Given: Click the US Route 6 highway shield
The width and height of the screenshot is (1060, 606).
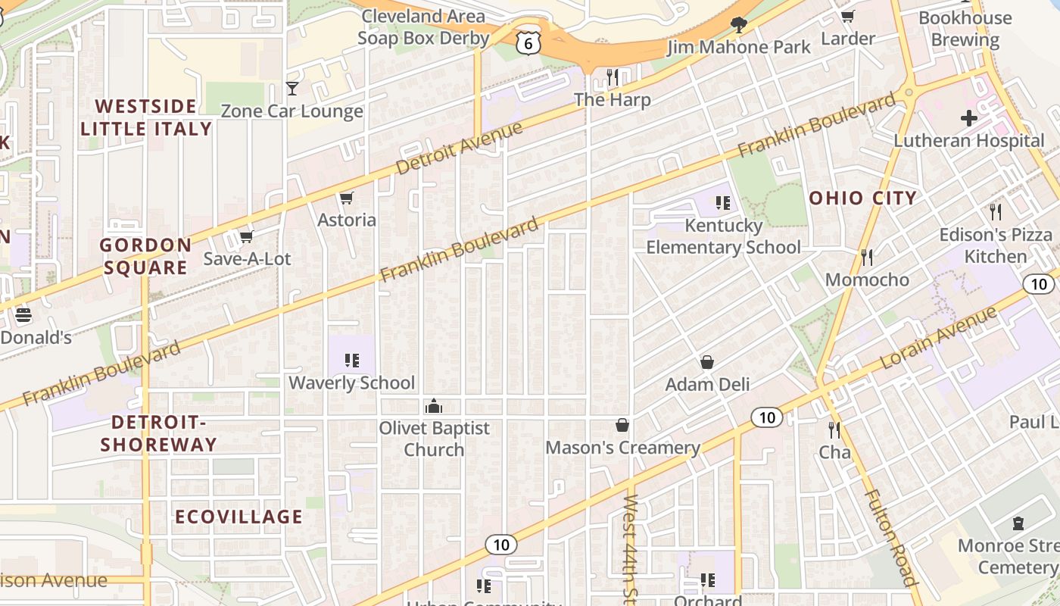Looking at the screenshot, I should pyautogui.click(x=528, y=43).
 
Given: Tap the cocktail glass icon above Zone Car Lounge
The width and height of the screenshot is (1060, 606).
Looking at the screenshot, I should pyautogui.click(x=291, y=89).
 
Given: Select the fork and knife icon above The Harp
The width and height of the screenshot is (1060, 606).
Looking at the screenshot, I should pyautogui.click(x=613, y=77).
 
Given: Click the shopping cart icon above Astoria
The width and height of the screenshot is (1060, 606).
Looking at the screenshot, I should pyautogui.click(x=347, y=198).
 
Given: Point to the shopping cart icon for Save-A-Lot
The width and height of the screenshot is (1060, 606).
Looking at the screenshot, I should pyautogui.click(x=247, y=237).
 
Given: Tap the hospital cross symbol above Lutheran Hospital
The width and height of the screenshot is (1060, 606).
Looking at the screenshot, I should pyautogui.click(x=968, y=118).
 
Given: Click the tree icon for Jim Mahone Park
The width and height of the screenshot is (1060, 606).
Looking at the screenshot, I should pyautogui.click(x=738, y=25).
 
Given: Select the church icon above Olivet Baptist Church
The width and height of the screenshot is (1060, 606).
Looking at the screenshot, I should pyautogui.click(x=434, y=406).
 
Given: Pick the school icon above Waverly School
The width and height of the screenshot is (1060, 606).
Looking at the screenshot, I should pyautogui.click(x=351, y=361).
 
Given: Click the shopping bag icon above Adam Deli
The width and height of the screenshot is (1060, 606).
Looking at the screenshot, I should pyautogui.click(x=707, y=362).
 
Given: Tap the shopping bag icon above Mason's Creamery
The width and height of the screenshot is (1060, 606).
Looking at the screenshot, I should pyautogui.click(x=622, y=425).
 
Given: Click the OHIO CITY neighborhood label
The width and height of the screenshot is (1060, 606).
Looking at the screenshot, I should pyautogui.click(x=862, y=198).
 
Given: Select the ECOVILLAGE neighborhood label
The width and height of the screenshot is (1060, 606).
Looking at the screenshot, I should pyautogui.click(x=238, y=517).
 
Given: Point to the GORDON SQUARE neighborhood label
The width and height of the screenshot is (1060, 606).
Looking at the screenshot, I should pyautogui.click(x=145, y=256).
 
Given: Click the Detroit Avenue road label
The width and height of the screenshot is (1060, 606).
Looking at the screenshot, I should pyautogui.click(x=459, y=148).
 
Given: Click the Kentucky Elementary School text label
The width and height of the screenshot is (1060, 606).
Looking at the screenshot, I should pyautogui.click(x=723, y=236).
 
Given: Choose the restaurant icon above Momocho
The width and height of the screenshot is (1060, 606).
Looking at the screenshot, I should pyautogui.click(x=867, y=258).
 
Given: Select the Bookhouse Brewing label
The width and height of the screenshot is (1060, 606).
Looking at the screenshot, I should pyautogui.click(x=965, y=29).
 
